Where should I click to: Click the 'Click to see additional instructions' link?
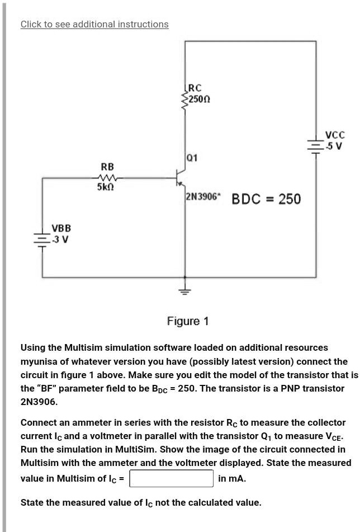(x=94, y=24)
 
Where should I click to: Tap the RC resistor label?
(x=195, y=88)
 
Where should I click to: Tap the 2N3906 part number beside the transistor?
(x=203, y=197)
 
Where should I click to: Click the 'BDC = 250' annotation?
(x=266, y=199)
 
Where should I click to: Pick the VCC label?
(x=335, y=135)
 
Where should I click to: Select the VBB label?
(x=61, y=228)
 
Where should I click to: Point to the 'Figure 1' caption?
(x=188, y=321)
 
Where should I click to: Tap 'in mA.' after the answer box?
(x=232, y=479)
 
